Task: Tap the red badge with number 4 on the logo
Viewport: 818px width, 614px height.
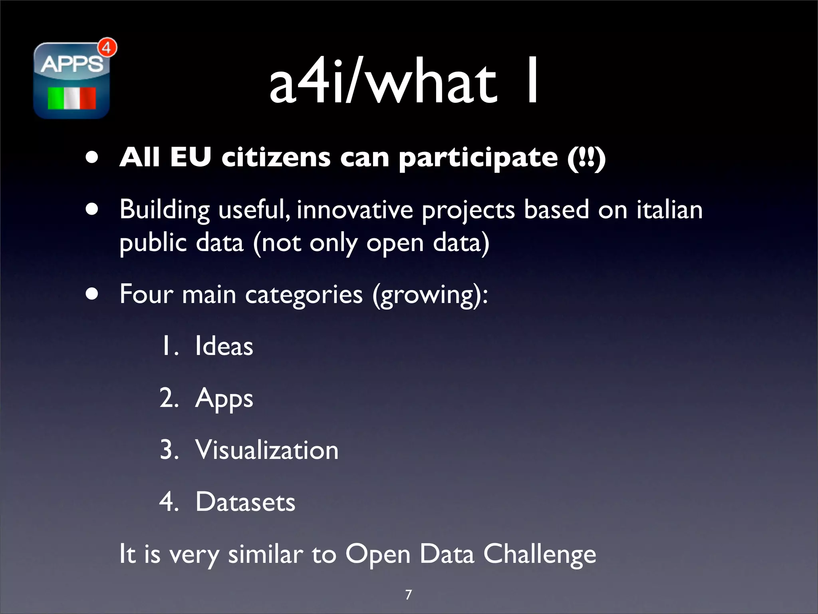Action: pos(107,48)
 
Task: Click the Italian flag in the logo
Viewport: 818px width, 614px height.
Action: pos(72,98)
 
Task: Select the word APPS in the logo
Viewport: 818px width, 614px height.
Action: pos(71,64)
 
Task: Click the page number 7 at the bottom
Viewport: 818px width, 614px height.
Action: pos(408,595)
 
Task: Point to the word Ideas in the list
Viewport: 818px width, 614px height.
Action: pos(224,346)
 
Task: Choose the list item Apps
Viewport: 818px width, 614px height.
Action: pos(224,399)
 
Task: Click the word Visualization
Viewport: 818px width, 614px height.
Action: pos(267,450)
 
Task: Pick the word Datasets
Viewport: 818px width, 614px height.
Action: pos(245,502)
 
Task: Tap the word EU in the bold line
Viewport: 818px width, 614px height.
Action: pos(191,157)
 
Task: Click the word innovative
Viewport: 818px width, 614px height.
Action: pos(355,210)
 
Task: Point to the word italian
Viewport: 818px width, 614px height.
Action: pos(669,210)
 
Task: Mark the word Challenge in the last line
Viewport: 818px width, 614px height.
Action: pos(540,555)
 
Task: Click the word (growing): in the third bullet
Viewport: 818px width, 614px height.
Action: pos(430,295)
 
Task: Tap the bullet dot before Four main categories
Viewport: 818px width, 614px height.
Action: pos(92,294)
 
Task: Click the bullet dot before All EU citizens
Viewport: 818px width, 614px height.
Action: pos(92,157)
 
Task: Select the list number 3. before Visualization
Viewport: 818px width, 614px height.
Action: pos(169,450)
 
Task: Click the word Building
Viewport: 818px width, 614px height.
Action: pos(165,210)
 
